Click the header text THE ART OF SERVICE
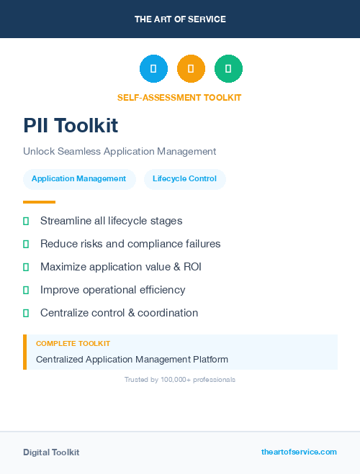click(180, 19)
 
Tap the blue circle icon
click(153, 69)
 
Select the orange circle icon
click(191, 69)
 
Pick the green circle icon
click(228, 69)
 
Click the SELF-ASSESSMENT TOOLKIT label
click(179, 97)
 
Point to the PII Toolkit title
click(71, 125)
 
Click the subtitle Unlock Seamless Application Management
click(120, 152)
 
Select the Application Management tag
click(79, 179)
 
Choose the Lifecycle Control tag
click(184, 179)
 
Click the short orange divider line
click(39, 202)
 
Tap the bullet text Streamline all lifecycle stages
click(111, 221)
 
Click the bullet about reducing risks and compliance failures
click(130, 244)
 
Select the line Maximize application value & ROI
click(121, 267)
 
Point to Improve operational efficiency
click(112, 290)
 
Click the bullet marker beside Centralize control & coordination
click(26, 313)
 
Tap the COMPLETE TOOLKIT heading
click(73, 344)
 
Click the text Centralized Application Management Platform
click(132, 359)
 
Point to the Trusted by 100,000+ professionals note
click(180, 379)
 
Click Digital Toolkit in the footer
click(51, 452)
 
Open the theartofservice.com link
click(299, 452)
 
